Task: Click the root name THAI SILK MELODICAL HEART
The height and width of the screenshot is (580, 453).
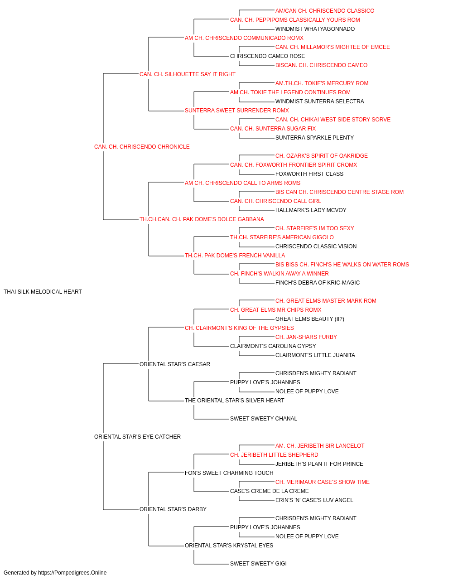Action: pyautogui.click(x=43, y=292)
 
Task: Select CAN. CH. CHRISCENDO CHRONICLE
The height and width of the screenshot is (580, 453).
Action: pyautogui.click(x=142, y=147)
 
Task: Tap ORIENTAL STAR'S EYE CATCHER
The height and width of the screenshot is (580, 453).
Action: pyautogui.click(x=137, y=437)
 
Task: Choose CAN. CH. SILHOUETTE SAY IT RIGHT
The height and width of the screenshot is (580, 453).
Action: pyautogui.click(x=188, y=74)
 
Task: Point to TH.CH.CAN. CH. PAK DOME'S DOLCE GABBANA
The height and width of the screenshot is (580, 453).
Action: pyautogui.click(x=202, y=219)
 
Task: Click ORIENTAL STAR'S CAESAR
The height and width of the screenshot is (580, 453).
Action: pyautogui.click(x=175, y=364)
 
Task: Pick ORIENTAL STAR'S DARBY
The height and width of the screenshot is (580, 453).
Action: pyautogui.click(x=173, y=509)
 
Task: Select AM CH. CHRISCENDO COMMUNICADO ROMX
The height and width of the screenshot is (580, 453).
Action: pyautogui.click(x=244, y=38)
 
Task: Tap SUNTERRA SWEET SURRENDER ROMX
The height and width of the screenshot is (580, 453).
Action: pyautogui.click(x=237, y=111)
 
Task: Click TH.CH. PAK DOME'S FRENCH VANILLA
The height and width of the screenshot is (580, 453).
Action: pyautogui.click(x=235, y=256)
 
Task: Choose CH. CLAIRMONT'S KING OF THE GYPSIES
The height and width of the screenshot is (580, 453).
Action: pyautogui.click(x=239, y=328)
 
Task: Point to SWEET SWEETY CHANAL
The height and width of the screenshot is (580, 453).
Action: pyautogui.click(x=264, y=419)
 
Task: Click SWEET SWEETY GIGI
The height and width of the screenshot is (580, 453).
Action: pyautogui.click(x=258, y=563)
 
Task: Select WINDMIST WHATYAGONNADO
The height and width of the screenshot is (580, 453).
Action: pyautogui.click(x=315, y=29)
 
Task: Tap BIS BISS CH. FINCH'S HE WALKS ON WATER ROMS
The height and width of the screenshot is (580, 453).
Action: pyautogui.click(x=342, y=265)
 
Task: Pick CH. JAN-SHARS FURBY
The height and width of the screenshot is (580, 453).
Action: pyautogui.click(x=306, y=337)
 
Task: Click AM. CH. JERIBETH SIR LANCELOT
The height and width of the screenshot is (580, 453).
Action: pyautogui.click(x=320, y=446)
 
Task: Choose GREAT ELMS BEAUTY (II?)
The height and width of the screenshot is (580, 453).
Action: pyautogui.click(x=310, y=319)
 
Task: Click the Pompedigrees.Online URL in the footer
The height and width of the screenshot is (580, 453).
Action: pyautogui.click(x=72, y=573)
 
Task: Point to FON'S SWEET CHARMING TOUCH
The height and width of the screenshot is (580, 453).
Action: pyautogui.click(x=229, y=473)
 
